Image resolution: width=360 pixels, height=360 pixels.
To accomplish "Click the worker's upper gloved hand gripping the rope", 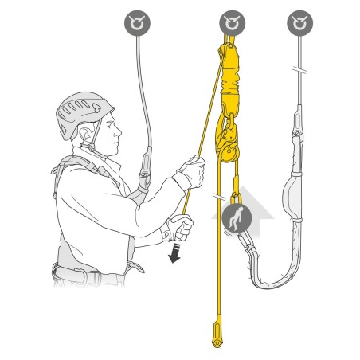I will [x=191, y=172].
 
